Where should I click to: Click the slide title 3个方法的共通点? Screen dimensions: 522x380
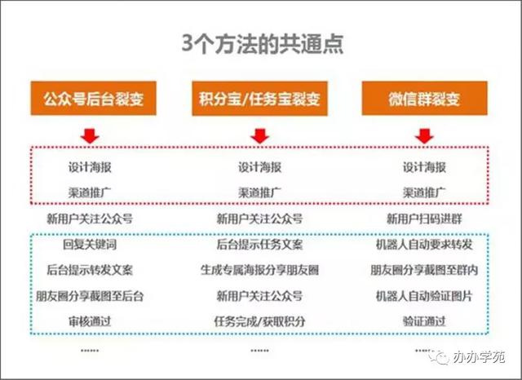pyautogui.click(x=263, y=44)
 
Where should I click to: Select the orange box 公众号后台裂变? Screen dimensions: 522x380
pyautogui.click(x=94, y=98)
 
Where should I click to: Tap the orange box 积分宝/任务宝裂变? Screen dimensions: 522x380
pyautogui.click(x=259, y=99)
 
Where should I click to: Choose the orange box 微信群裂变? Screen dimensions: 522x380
pyautogui.click(x=424, y=98)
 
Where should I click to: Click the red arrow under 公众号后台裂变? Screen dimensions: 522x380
pyautogui.click(x=90, y=136)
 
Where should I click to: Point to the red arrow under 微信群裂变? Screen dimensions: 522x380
pyautogui.click(x=424, y=136)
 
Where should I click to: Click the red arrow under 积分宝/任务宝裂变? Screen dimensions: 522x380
pyautogui.click(x=259, y=136)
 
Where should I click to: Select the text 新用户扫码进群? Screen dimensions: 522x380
pyautogui.click(x=424, y=219)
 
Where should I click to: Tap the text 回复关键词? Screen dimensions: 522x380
pyautogui.click(x=90, y=245)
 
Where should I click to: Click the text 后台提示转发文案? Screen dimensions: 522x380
pyautogui.click(x=90, y=270)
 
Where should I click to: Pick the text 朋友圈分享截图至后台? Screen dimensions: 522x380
pyautogui.click(x=90, y=296)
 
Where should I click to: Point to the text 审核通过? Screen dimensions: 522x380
pyautogui.click(x=90, y=321)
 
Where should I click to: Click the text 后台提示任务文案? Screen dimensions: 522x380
pyautogui.click(x=259, y=245)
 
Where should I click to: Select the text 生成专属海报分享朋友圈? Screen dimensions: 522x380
pyautogui.click(x=259, y=270)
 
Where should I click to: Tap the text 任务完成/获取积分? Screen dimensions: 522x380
pyautogui.click(x=259, y=321)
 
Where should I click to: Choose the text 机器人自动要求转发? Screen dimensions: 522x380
pyautogui.click(x=424, y=245)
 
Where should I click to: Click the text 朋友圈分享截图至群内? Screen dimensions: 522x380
pyautogui.click(x=424, y=270)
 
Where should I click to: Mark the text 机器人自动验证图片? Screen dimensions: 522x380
pyautogui.click(x=424, y=296)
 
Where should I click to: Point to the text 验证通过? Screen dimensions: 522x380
pyautogui.click(x=424, y=321)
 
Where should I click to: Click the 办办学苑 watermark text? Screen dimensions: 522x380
pyautogui.click(x=479, y=357)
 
